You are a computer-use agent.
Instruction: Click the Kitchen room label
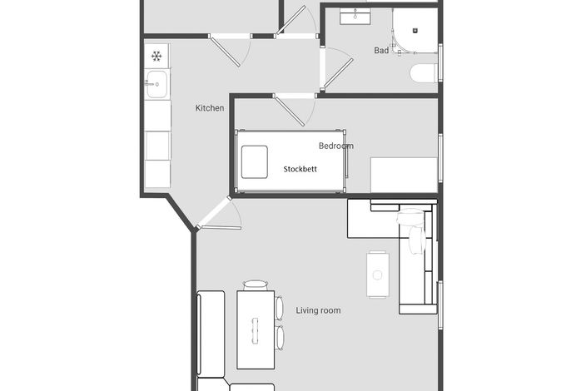[x=210, y=108]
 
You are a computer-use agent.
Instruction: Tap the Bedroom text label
[x=336, y=146]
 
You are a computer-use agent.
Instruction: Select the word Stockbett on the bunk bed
[x=300, y=169]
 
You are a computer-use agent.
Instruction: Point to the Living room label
[x=318, y=310]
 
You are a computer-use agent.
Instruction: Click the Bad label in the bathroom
[x=381, y=51]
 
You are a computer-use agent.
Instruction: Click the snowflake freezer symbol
[x=156, y=56]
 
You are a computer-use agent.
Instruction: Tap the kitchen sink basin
[x=157, y=85]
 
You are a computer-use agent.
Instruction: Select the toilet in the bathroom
[x=424, y=73]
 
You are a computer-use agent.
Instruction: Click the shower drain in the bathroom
[x=415, y=31]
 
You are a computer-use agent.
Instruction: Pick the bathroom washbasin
[x=355, y=17]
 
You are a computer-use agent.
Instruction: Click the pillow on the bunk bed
[x=255, y=162]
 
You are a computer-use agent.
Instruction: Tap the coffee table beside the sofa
[x=378, y=275]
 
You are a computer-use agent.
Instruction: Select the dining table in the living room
[x=256, y=329]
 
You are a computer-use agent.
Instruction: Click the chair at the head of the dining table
[x=256, y=285]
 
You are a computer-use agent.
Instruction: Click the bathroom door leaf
[x=338, y=73]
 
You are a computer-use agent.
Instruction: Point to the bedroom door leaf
[x=289, y=111]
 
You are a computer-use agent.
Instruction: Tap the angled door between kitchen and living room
[x=214, y=213]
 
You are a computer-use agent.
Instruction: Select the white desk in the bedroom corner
[x=404, y=175]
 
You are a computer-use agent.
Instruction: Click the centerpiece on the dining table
[x=255, y=330]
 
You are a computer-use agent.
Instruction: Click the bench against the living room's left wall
[x=211, y=334]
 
